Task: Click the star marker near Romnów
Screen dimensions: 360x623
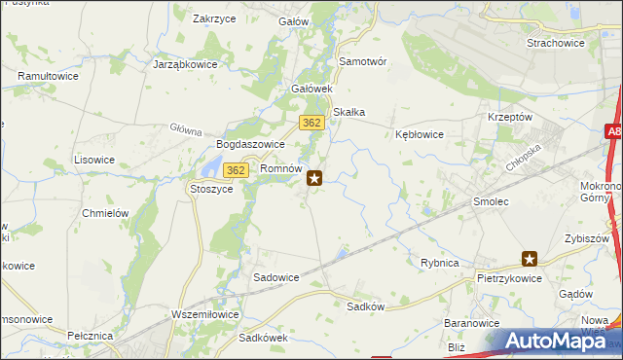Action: (x=315, y=178)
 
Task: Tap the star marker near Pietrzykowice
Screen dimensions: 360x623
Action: (x=530, y=259)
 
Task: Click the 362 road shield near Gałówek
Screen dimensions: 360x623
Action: (x=311, y=123)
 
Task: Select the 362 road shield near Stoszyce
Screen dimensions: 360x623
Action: (x=234, y=170)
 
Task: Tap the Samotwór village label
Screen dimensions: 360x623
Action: (x=363, y=60)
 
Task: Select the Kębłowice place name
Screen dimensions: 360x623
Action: (x=421, y=134)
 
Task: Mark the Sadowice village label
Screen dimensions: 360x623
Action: (x=276, y=276)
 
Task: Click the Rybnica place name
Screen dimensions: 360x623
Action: (x=439, y=263)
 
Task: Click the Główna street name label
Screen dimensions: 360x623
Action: (x=185, y=129)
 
